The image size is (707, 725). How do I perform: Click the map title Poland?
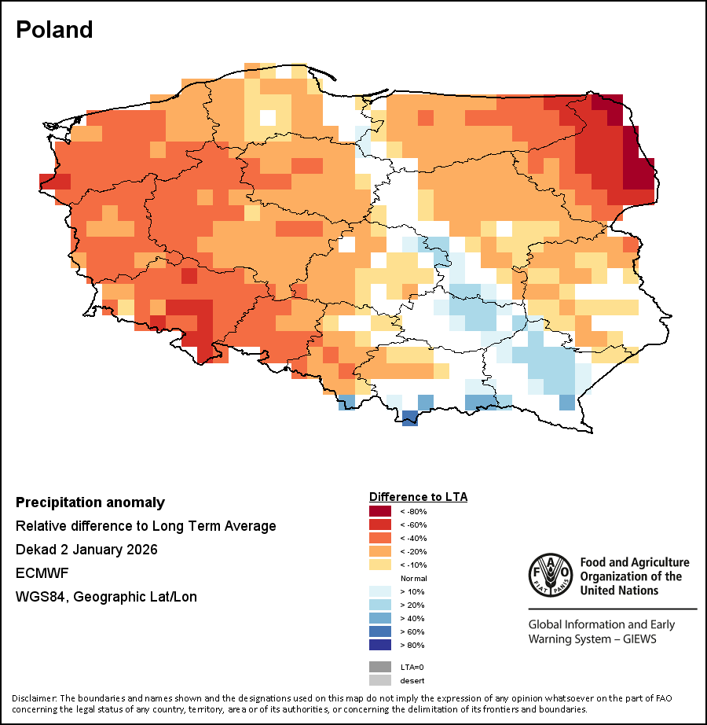54,30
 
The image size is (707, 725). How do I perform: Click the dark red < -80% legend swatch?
379,511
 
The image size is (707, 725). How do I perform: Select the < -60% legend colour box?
379,524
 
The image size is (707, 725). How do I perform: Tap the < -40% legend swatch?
379,538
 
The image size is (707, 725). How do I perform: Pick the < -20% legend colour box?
379,551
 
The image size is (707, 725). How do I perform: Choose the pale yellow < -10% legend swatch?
379,565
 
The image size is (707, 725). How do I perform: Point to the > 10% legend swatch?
379,591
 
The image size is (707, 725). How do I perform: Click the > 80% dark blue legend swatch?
379,645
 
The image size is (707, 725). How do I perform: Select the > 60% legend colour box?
379,631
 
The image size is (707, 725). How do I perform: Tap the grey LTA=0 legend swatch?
379,667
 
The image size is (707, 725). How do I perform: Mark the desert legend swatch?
379,680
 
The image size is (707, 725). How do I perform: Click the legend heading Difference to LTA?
418,497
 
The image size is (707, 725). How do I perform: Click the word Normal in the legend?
413,578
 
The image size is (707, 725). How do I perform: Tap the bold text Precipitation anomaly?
90,502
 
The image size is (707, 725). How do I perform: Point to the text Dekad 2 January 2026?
86,550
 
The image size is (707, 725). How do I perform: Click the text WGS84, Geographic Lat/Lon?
106,597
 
